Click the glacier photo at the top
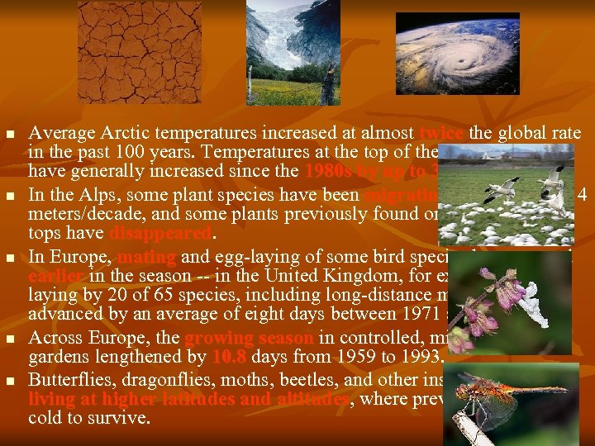tap(293, 51)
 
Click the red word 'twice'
tap(443, 134)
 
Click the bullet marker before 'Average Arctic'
tap(10, 134)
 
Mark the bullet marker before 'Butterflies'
tap(10, 382)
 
